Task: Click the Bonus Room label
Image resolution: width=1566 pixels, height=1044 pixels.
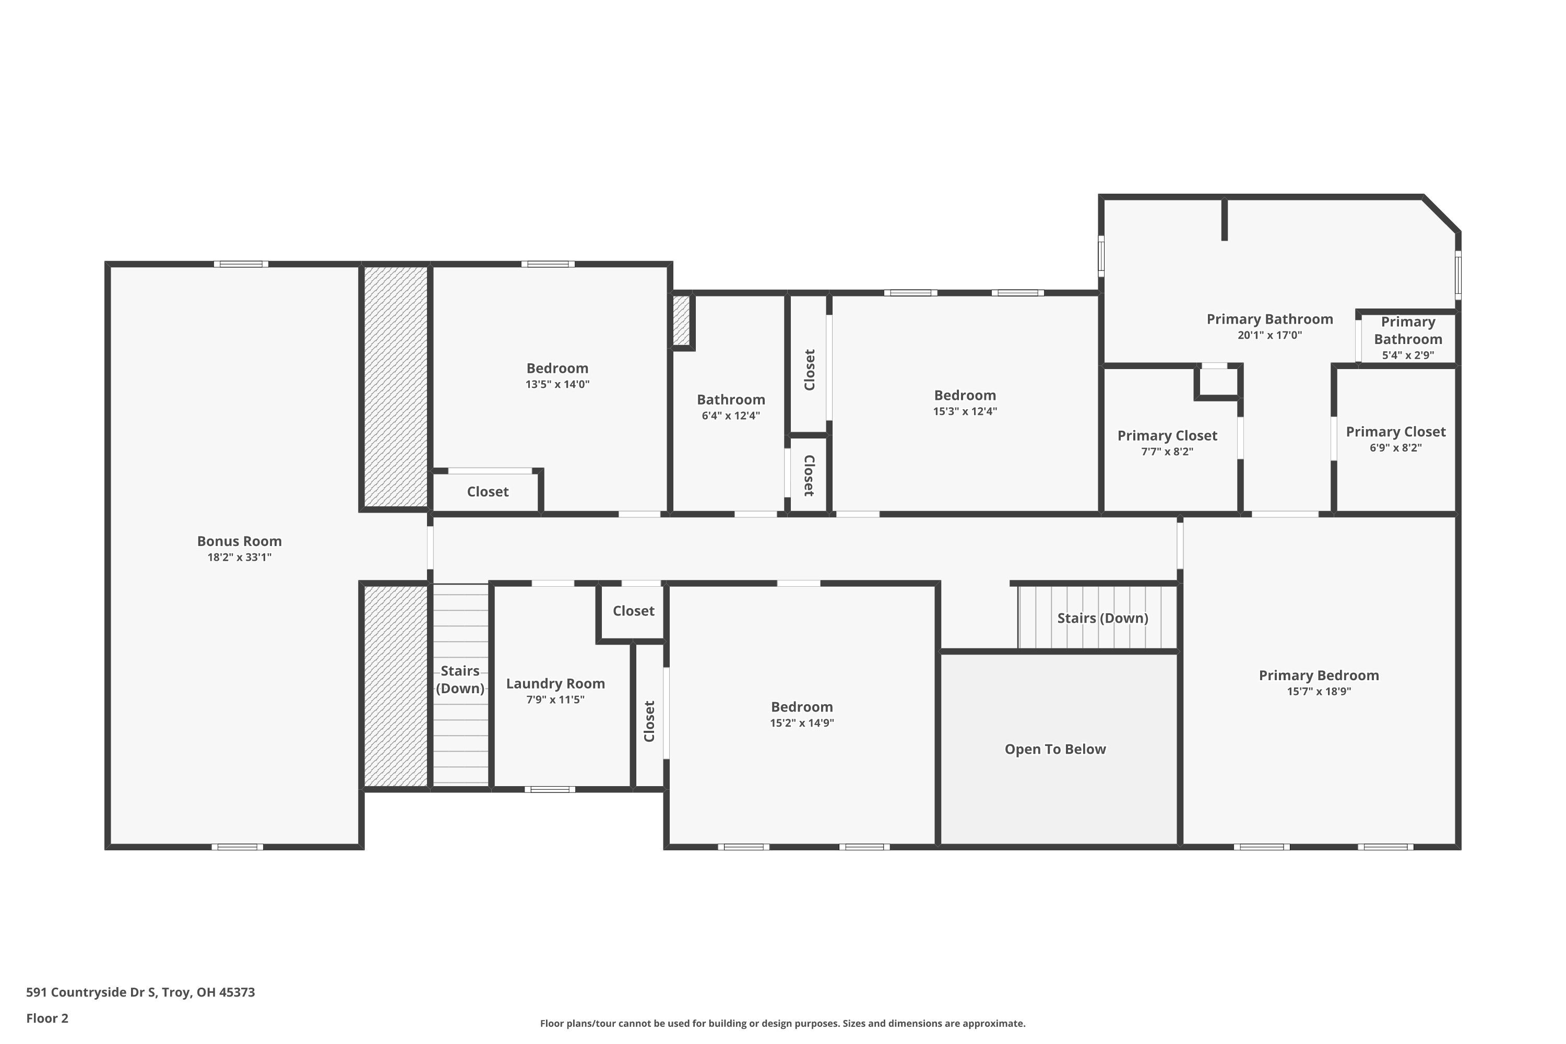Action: (239, 541)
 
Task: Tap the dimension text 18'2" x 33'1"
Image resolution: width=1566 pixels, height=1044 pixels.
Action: (239, 557)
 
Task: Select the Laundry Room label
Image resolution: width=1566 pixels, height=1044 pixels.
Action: (555, 683)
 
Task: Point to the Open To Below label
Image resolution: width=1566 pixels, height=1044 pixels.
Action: (1054, 749)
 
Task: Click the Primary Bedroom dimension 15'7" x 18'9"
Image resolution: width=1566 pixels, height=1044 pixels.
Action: (1319, 691)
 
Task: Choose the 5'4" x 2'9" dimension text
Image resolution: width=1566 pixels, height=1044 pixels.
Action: (1407, 355)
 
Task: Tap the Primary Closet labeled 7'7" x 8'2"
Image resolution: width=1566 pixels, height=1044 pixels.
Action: (1167, 435)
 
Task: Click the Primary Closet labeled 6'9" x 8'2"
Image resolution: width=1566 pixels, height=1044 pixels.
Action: (1395, 432)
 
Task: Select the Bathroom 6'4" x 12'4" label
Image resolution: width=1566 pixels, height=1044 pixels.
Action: (730, 399)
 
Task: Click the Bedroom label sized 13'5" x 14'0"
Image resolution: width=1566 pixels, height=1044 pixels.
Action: (557, 368)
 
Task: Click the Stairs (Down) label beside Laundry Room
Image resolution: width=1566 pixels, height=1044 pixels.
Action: (460, 679)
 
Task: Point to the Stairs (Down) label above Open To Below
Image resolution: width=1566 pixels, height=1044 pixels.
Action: (1102, 618)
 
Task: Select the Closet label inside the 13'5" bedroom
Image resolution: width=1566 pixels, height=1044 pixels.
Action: (488, 491)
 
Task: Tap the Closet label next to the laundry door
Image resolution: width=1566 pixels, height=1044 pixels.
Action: (633, 611)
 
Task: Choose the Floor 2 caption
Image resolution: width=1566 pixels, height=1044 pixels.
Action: (48, 1018)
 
